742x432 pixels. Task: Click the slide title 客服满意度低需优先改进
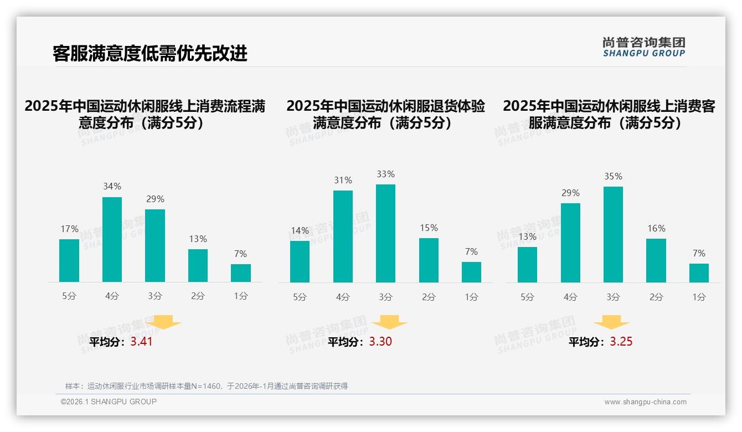[x=150, y=53]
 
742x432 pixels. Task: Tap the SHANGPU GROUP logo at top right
[x=643, y=47]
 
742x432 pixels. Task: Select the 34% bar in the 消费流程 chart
[x=112, y=239]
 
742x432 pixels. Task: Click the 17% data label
[x=69, y=229]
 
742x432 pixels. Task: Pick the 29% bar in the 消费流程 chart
[x=155, y=245]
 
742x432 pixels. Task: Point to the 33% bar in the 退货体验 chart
[x=385, y=233]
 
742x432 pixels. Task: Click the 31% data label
[x=343, y=180]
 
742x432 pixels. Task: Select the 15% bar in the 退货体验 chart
[x=429, y=260]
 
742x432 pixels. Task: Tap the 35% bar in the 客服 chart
[x=613, y=234]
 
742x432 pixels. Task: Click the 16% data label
[x=656, y=228]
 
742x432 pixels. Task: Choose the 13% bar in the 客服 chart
[x=527, y=264]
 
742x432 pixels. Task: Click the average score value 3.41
[x=141, y=342]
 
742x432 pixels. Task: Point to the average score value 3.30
[x=380, y=342]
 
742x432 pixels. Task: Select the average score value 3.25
[x=621, y=342]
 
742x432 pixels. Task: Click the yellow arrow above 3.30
[x=389, y=322]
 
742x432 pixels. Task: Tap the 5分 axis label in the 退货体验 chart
[x=300, y=297]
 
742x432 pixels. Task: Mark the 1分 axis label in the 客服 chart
[x=699, y=297]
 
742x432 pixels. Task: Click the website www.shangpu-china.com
[x=645, y=402]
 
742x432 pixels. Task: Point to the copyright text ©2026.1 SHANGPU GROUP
[x=109, y=402]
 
